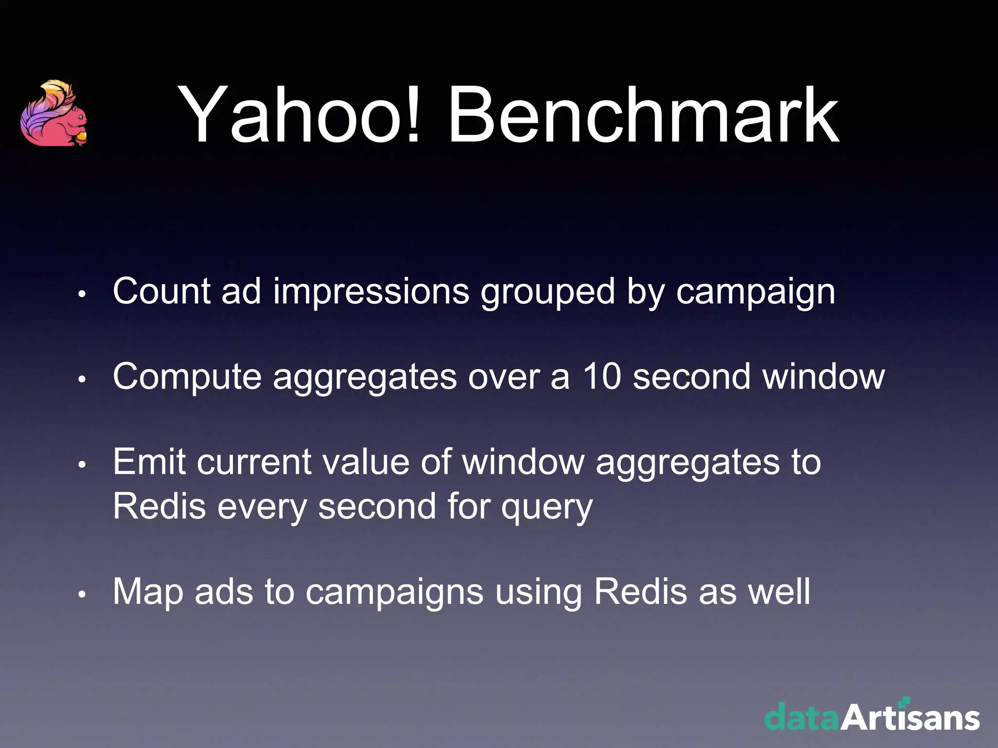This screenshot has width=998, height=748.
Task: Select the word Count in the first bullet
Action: coord(161,292)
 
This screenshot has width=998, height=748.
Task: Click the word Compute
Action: coord(187,377)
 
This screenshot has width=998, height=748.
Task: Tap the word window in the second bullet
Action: coord(824,376)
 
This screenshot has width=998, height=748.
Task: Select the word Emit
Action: coord(149,462)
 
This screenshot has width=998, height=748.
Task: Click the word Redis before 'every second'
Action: coord(159,506)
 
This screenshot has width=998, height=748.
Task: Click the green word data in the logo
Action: coord(802,717)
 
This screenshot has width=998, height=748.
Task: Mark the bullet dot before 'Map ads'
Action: coord(82,595)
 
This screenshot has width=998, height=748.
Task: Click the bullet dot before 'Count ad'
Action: coord(82,294)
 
